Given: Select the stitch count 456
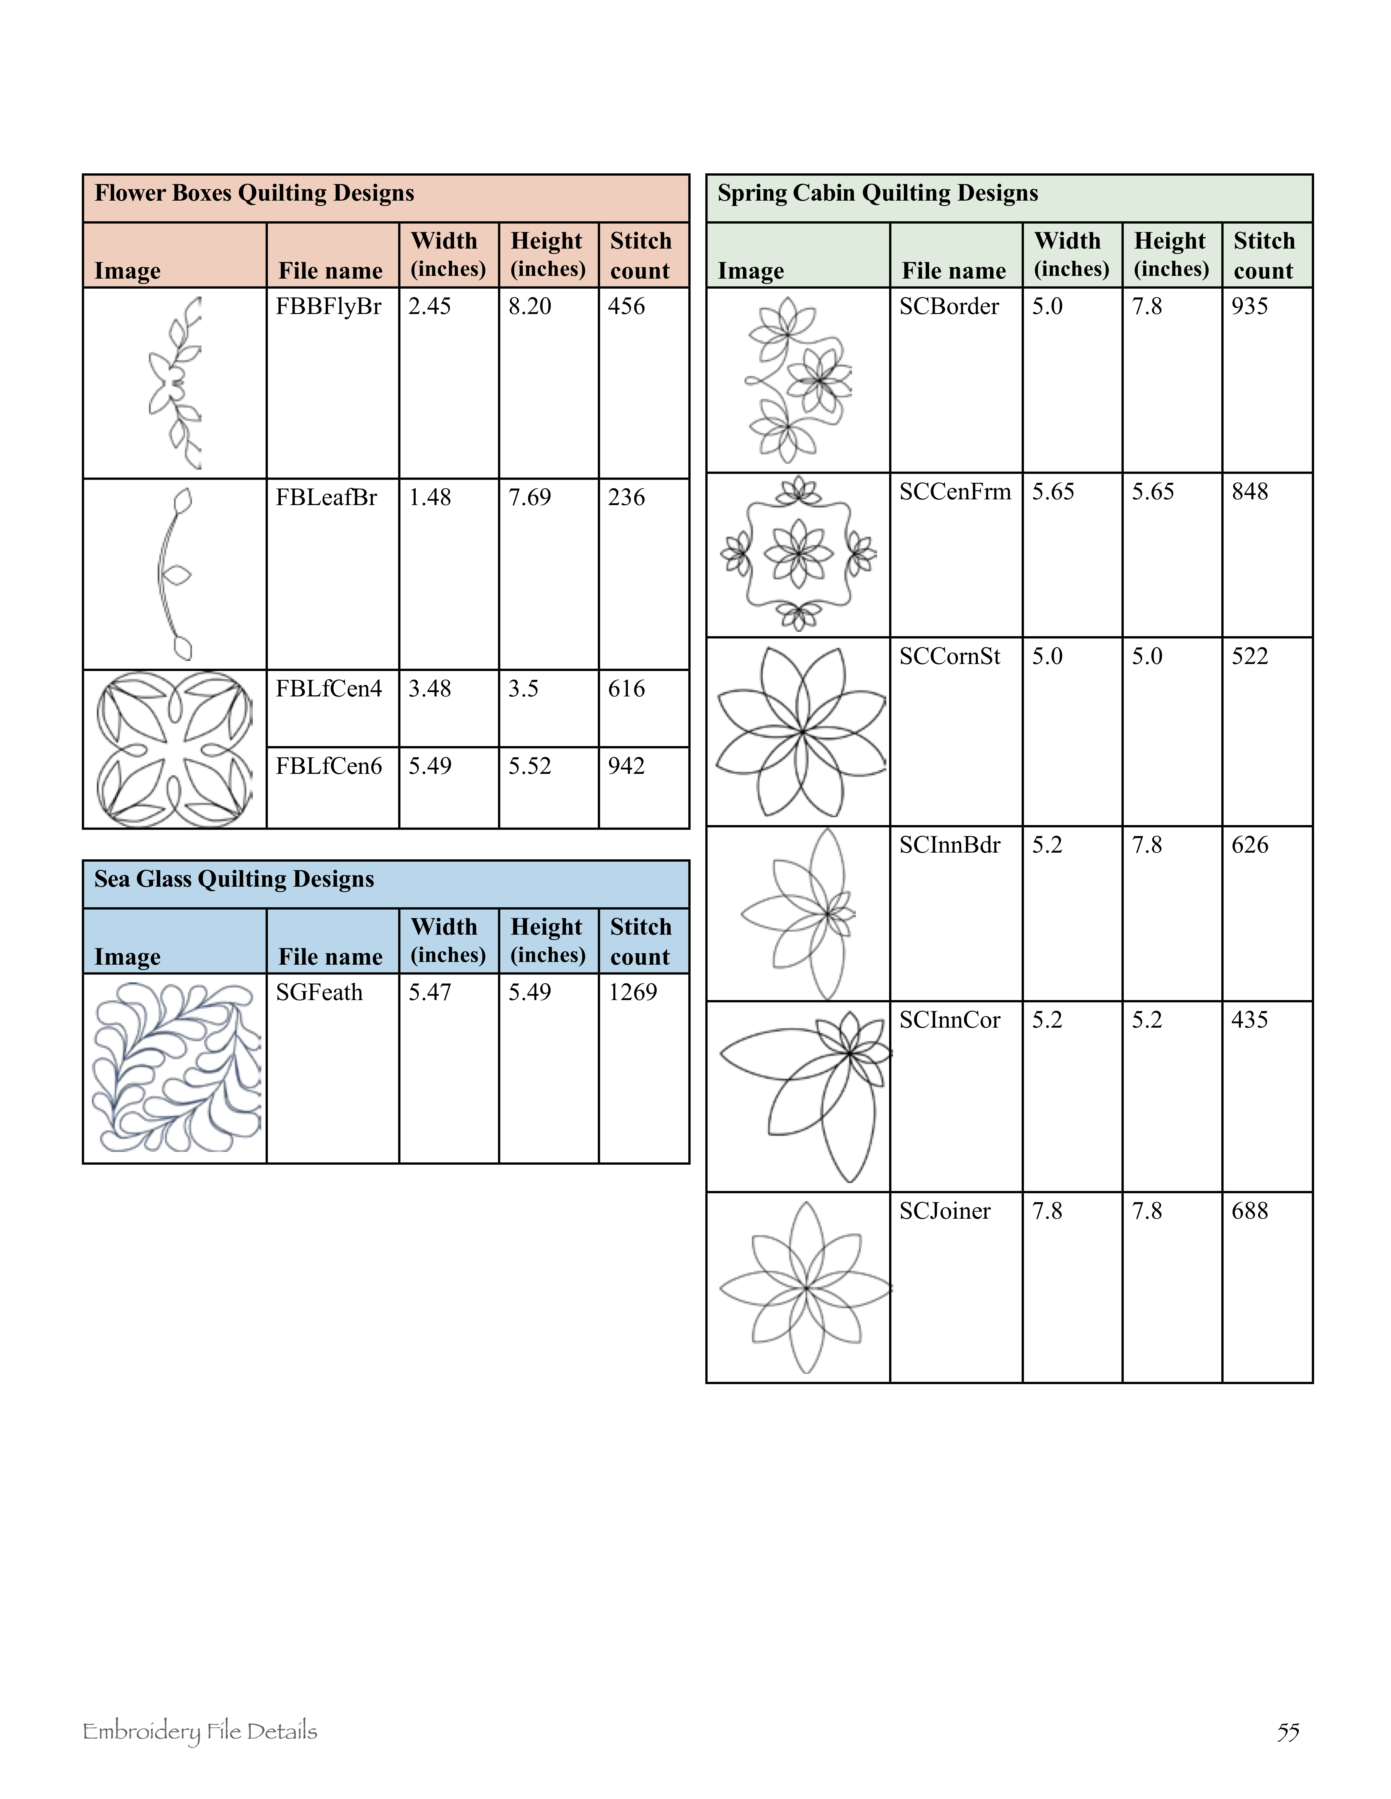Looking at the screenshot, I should [x=626, y=306].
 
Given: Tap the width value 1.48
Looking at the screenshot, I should [x=429, y=497].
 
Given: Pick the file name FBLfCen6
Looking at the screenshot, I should [x=329, y=766].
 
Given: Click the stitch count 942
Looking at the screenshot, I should [x=626, y=766].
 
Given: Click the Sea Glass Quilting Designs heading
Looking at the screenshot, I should [x=234, y=880].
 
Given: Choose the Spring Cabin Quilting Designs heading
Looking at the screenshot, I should [x=878, y=194].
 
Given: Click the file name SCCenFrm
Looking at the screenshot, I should [x=954, y=492].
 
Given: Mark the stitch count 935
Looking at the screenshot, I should [x=1249, y=306].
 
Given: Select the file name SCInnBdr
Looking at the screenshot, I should [x=949, y=845].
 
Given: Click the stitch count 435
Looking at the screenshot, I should [x=1249, y=1020].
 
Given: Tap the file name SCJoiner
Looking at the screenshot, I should [x=944, y=1211].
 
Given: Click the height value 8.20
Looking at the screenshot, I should [x=529, y=306].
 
